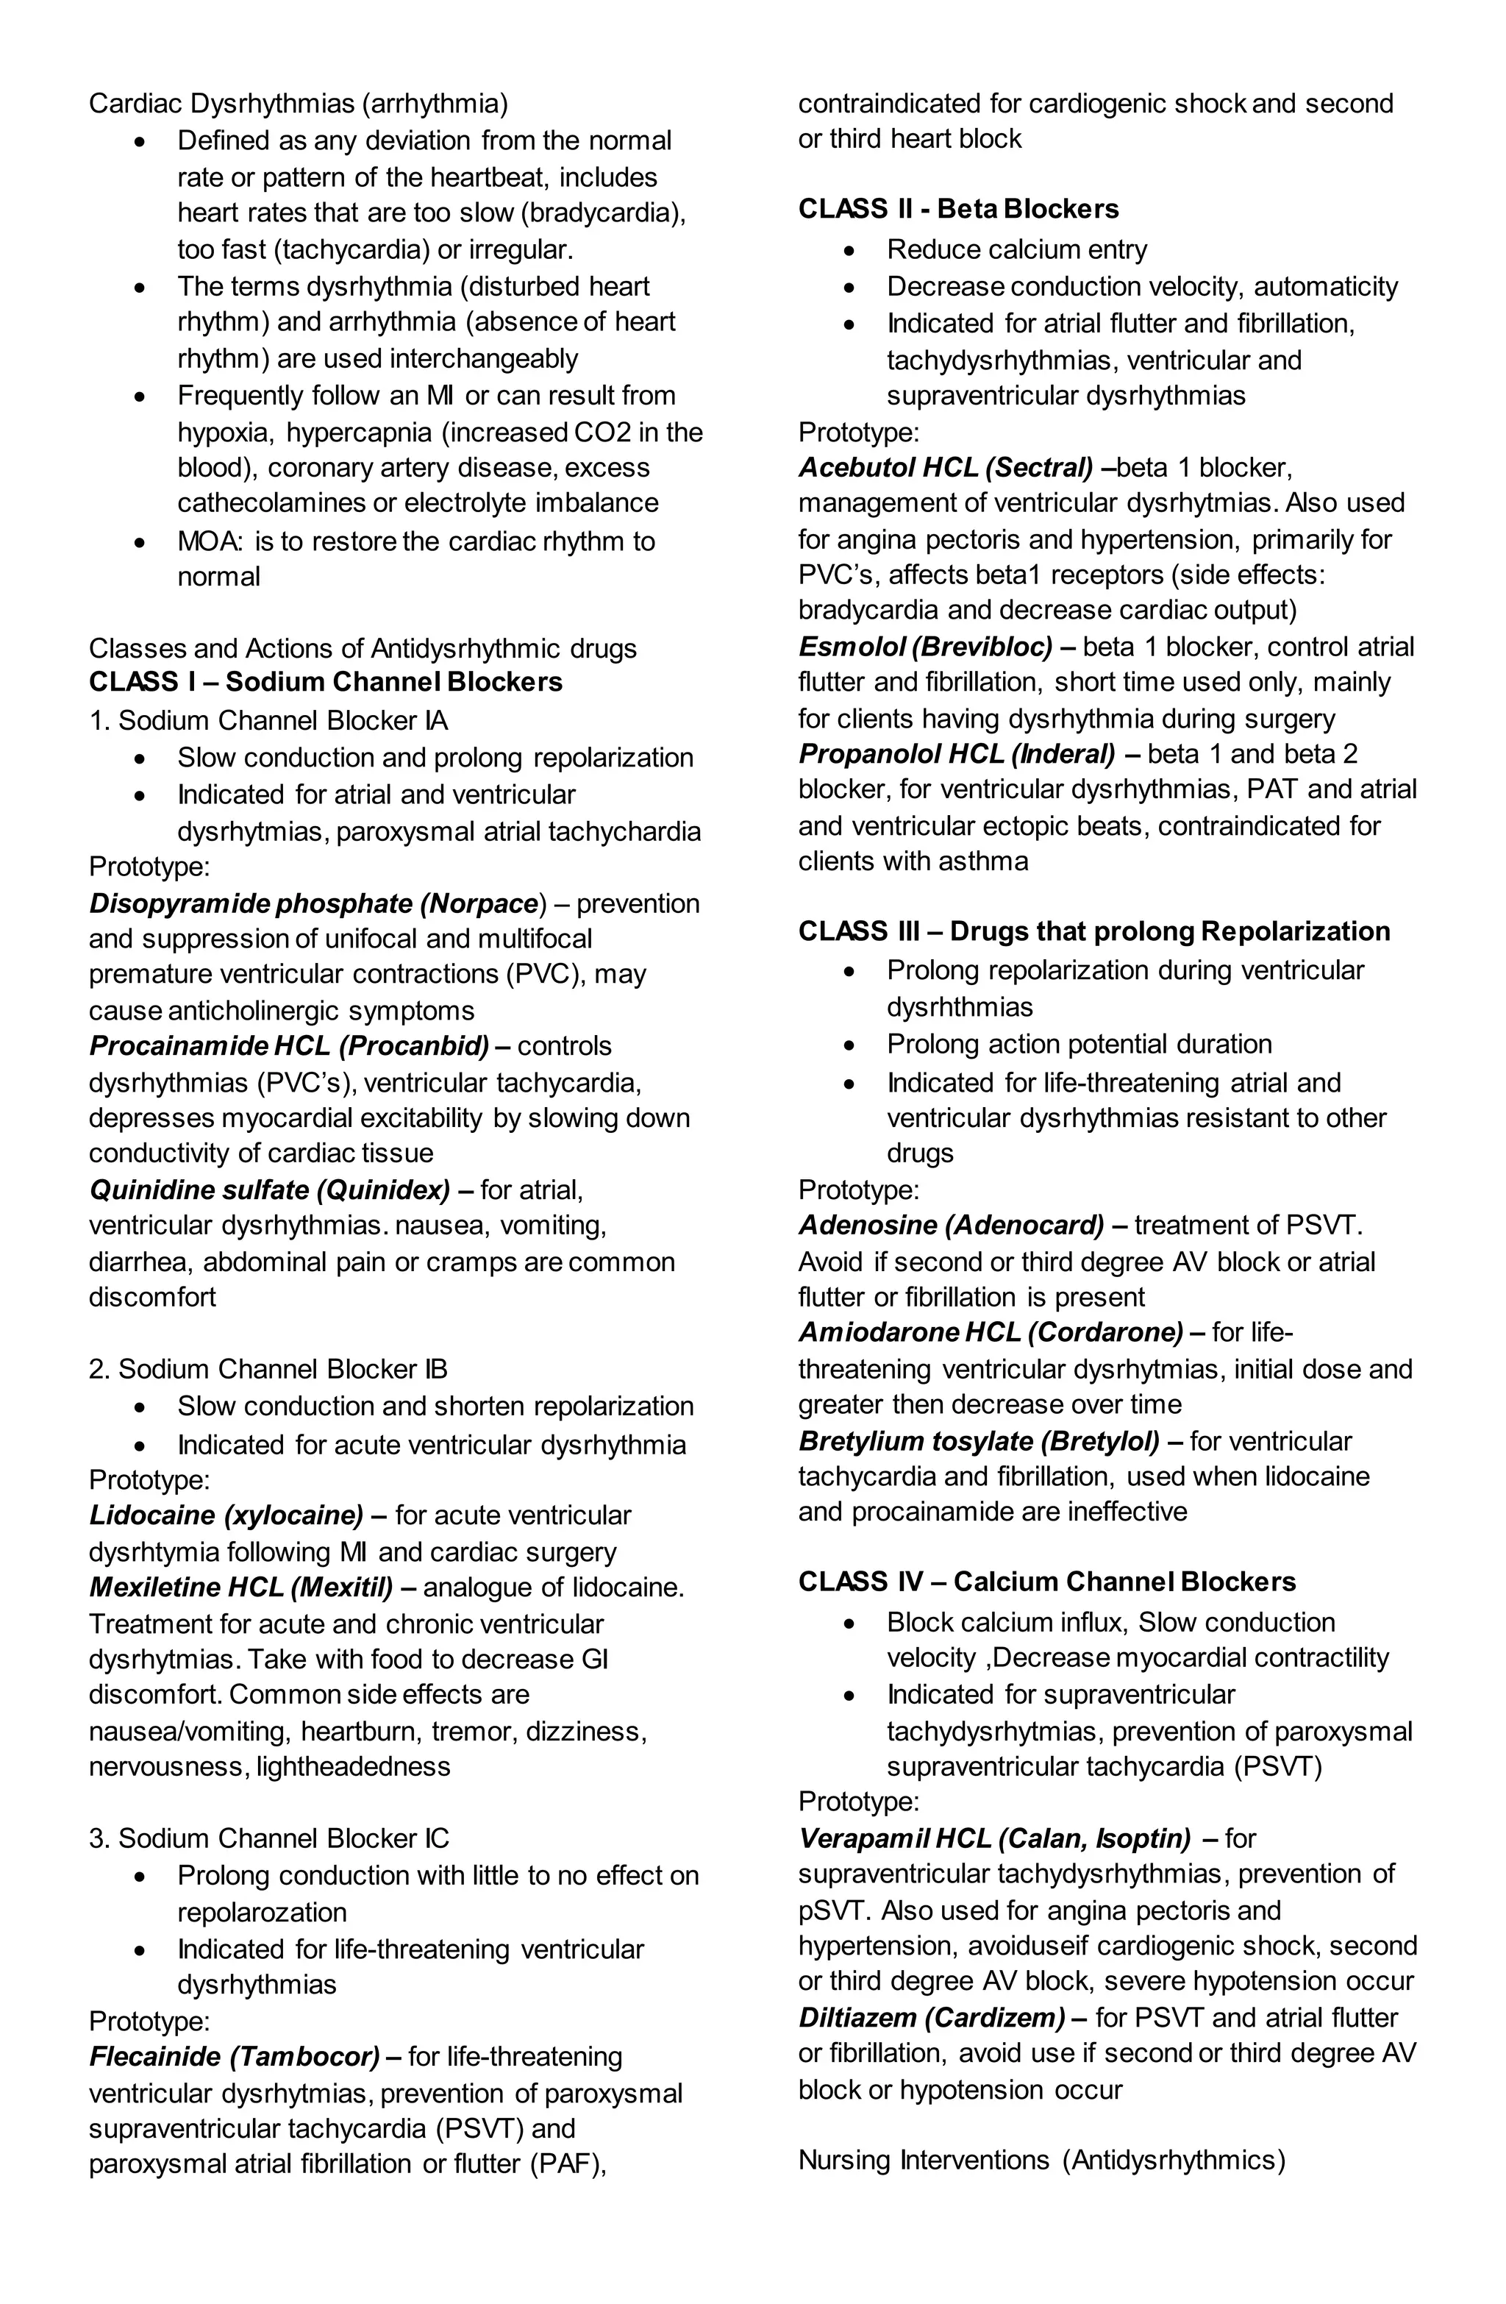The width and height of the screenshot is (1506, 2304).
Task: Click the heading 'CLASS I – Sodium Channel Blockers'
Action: point(325,683)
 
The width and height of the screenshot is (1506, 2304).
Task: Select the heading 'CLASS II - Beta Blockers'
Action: point(957,209)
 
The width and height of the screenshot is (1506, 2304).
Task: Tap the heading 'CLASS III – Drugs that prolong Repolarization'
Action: point(1093,931)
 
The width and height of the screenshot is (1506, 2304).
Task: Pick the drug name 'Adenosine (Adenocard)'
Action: point(951,1226)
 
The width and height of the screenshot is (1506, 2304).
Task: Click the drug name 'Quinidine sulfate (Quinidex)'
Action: point(269,1189)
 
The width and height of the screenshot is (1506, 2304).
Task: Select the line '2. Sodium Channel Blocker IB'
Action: point(268,1369)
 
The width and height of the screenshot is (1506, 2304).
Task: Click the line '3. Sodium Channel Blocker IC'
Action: point(268,1838)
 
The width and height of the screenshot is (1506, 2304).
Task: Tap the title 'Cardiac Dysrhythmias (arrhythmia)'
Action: point(298,104)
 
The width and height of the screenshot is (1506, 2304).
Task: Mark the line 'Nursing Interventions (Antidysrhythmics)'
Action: point(1041,2161)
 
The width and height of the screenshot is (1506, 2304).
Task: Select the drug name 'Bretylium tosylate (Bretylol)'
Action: point(979,1441)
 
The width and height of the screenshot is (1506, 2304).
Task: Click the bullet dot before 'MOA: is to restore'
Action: point(141,542)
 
